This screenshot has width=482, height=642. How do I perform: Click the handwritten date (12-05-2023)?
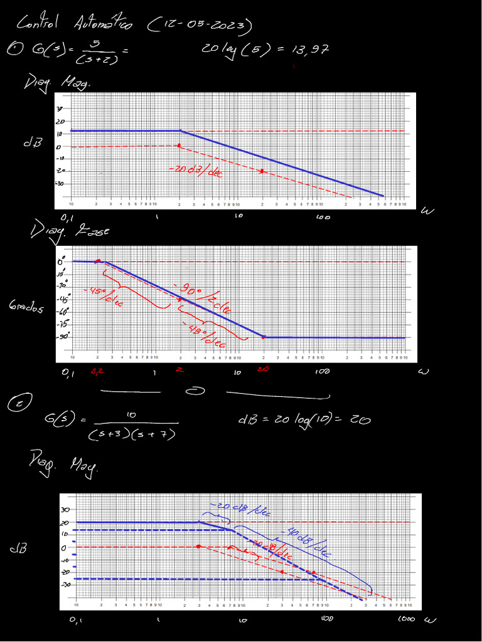tap(200, 25)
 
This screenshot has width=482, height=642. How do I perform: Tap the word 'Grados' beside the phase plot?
tap(26, 307)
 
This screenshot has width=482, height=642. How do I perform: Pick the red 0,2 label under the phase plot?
tap(98, 372)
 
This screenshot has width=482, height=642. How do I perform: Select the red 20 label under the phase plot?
tap(263, 369)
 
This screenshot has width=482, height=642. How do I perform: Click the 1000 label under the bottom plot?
tap(406, 619)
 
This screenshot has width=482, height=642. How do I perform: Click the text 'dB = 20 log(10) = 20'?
tap(304, 419)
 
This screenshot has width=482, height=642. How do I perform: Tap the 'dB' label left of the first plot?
tap(32, 142)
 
